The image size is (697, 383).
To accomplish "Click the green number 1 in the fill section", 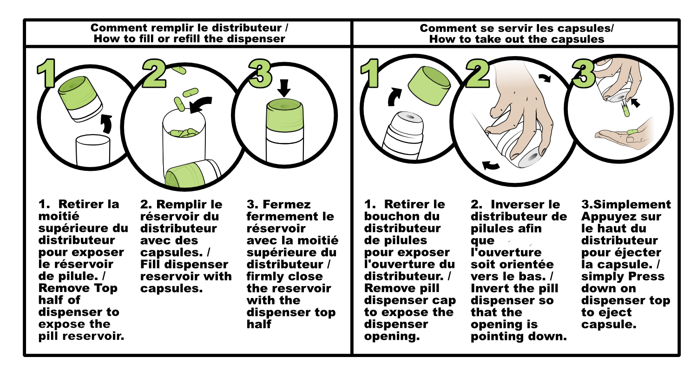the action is point(46,73).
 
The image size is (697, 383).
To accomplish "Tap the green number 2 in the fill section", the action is point(154,73).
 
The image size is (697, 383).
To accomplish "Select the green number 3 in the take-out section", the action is point(584,73).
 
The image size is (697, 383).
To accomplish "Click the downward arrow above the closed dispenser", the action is point(284,88).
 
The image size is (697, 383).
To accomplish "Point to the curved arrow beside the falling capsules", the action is point(201,104).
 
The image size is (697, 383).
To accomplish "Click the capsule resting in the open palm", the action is point(632,132).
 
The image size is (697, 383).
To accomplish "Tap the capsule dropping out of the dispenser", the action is point(625,110).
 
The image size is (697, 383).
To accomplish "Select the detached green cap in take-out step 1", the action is point(429,85).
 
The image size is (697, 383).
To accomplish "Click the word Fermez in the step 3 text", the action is point(287,204).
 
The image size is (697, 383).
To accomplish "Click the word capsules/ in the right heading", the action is point(585,28).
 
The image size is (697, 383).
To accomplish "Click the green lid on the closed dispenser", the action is point(285,115).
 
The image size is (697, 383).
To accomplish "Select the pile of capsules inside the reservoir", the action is point(183,132).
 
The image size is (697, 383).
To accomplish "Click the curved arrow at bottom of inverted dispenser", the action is point(491,165).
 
